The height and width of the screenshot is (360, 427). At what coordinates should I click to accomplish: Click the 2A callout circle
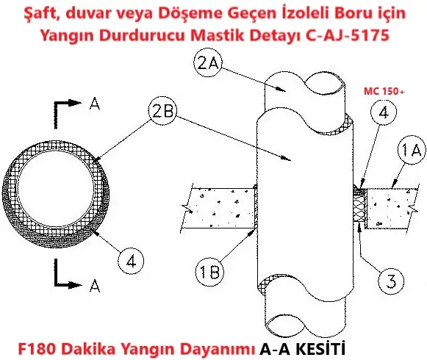pos(208,63)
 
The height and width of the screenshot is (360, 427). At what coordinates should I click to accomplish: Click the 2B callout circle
pos(162,111)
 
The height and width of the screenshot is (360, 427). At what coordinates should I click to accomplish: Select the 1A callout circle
pos(411,150)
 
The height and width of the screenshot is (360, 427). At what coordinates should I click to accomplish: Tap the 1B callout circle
pos(209,272)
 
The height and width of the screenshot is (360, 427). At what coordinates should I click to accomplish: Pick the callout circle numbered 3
pos(391,281)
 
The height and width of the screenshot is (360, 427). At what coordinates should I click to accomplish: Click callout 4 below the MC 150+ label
pos(384,112)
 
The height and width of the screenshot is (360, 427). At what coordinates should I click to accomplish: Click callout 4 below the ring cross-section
pos(131,261)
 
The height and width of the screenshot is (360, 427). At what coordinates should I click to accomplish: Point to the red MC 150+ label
pos(384,92)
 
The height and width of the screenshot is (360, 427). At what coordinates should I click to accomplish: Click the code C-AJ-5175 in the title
pos(348,35)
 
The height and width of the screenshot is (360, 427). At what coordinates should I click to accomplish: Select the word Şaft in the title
pos(41,13)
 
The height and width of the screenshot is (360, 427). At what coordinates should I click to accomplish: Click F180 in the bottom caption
pos(37,349)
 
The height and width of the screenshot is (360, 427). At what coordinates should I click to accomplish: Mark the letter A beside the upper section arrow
pos(95,104)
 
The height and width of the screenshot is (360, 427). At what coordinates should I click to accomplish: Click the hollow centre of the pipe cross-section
pos(56,188)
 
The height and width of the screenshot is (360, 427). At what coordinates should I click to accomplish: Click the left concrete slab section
pos(219,209)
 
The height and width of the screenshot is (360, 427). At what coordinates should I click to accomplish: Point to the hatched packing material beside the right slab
pos(359,205)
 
